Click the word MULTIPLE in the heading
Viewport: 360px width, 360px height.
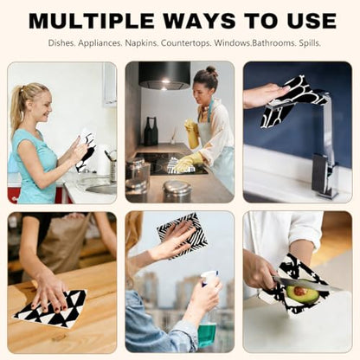point(92,21)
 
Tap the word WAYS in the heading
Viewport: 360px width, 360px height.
point(200,21)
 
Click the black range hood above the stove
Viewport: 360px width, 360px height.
point(164,74)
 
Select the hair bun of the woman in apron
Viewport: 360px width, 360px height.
point(212,71)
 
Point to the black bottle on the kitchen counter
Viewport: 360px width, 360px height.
point(151,132)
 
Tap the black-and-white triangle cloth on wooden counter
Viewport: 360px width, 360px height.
point(50,308)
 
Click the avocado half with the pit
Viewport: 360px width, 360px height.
point(302,293)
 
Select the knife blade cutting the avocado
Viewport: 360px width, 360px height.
point(301,284)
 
